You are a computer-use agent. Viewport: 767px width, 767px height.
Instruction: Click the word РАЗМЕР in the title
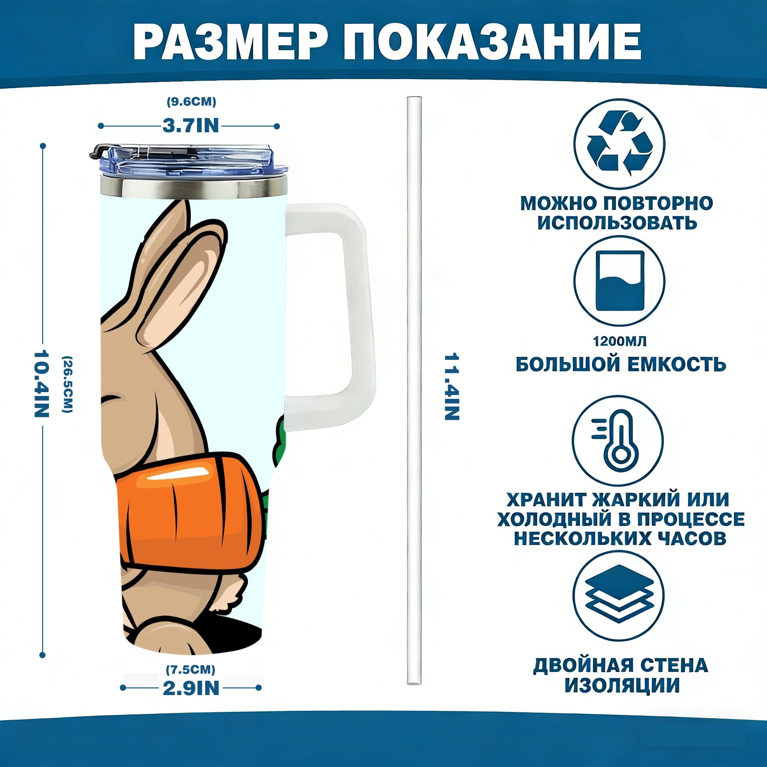click(230, 42)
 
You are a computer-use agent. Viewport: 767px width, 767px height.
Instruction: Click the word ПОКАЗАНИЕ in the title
click(492, 42)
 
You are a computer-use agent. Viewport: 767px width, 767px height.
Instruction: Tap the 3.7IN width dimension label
click(190, 126)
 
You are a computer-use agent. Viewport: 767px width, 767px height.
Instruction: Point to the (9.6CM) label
click(191, 102)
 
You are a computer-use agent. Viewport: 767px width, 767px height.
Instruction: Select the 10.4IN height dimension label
click(42, 383)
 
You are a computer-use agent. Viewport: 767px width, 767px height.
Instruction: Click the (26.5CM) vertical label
click(68, 384)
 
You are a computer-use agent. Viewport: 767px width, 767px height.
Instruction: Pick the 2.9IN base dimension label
click(191, 688)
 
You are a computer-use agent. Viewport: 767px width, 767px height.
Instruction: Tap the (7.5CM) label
click(190, 669)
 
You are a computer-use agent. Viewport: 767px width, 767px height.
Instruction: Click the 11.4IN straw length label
click(452, 387)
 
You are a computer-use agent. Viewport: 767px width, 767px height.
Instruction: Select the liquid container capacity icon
click(619, 281)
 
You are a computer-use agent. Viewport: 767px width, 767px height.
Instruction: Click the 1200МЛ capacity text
click(619, 341)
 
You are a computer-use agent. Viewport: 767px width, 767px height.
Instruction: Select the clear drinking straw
click(414, 391)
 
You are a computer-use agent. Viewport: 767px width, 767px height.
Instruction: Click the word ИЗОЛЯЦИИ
click(622, 686)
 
